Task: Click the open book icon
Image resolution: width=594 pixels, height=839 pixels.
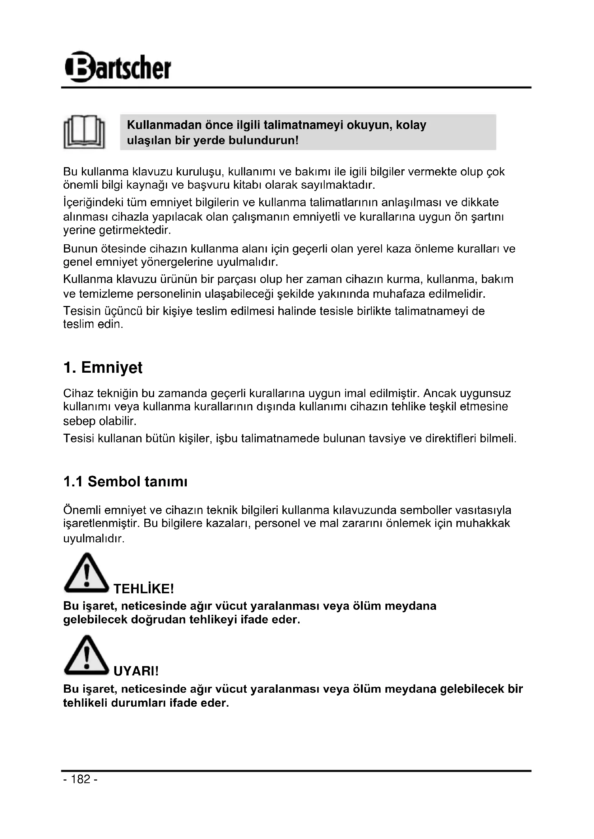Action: [x=84, y=132]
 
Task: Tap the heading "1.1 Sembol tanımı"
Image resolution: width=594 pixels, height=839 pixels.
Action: [x=125, y=482]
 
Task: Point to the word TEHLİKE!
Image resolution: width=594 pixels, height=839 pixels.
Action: [x=143, y=589]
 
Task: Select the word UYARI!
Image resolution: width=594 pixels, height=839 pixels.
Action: [x=136, y=671]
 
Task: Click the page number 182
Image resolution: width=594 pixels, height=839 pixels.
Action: [x=80, y=779]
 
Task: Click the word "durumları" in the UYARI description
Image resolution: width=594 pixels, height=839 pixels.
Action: [x=138, y=703]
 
